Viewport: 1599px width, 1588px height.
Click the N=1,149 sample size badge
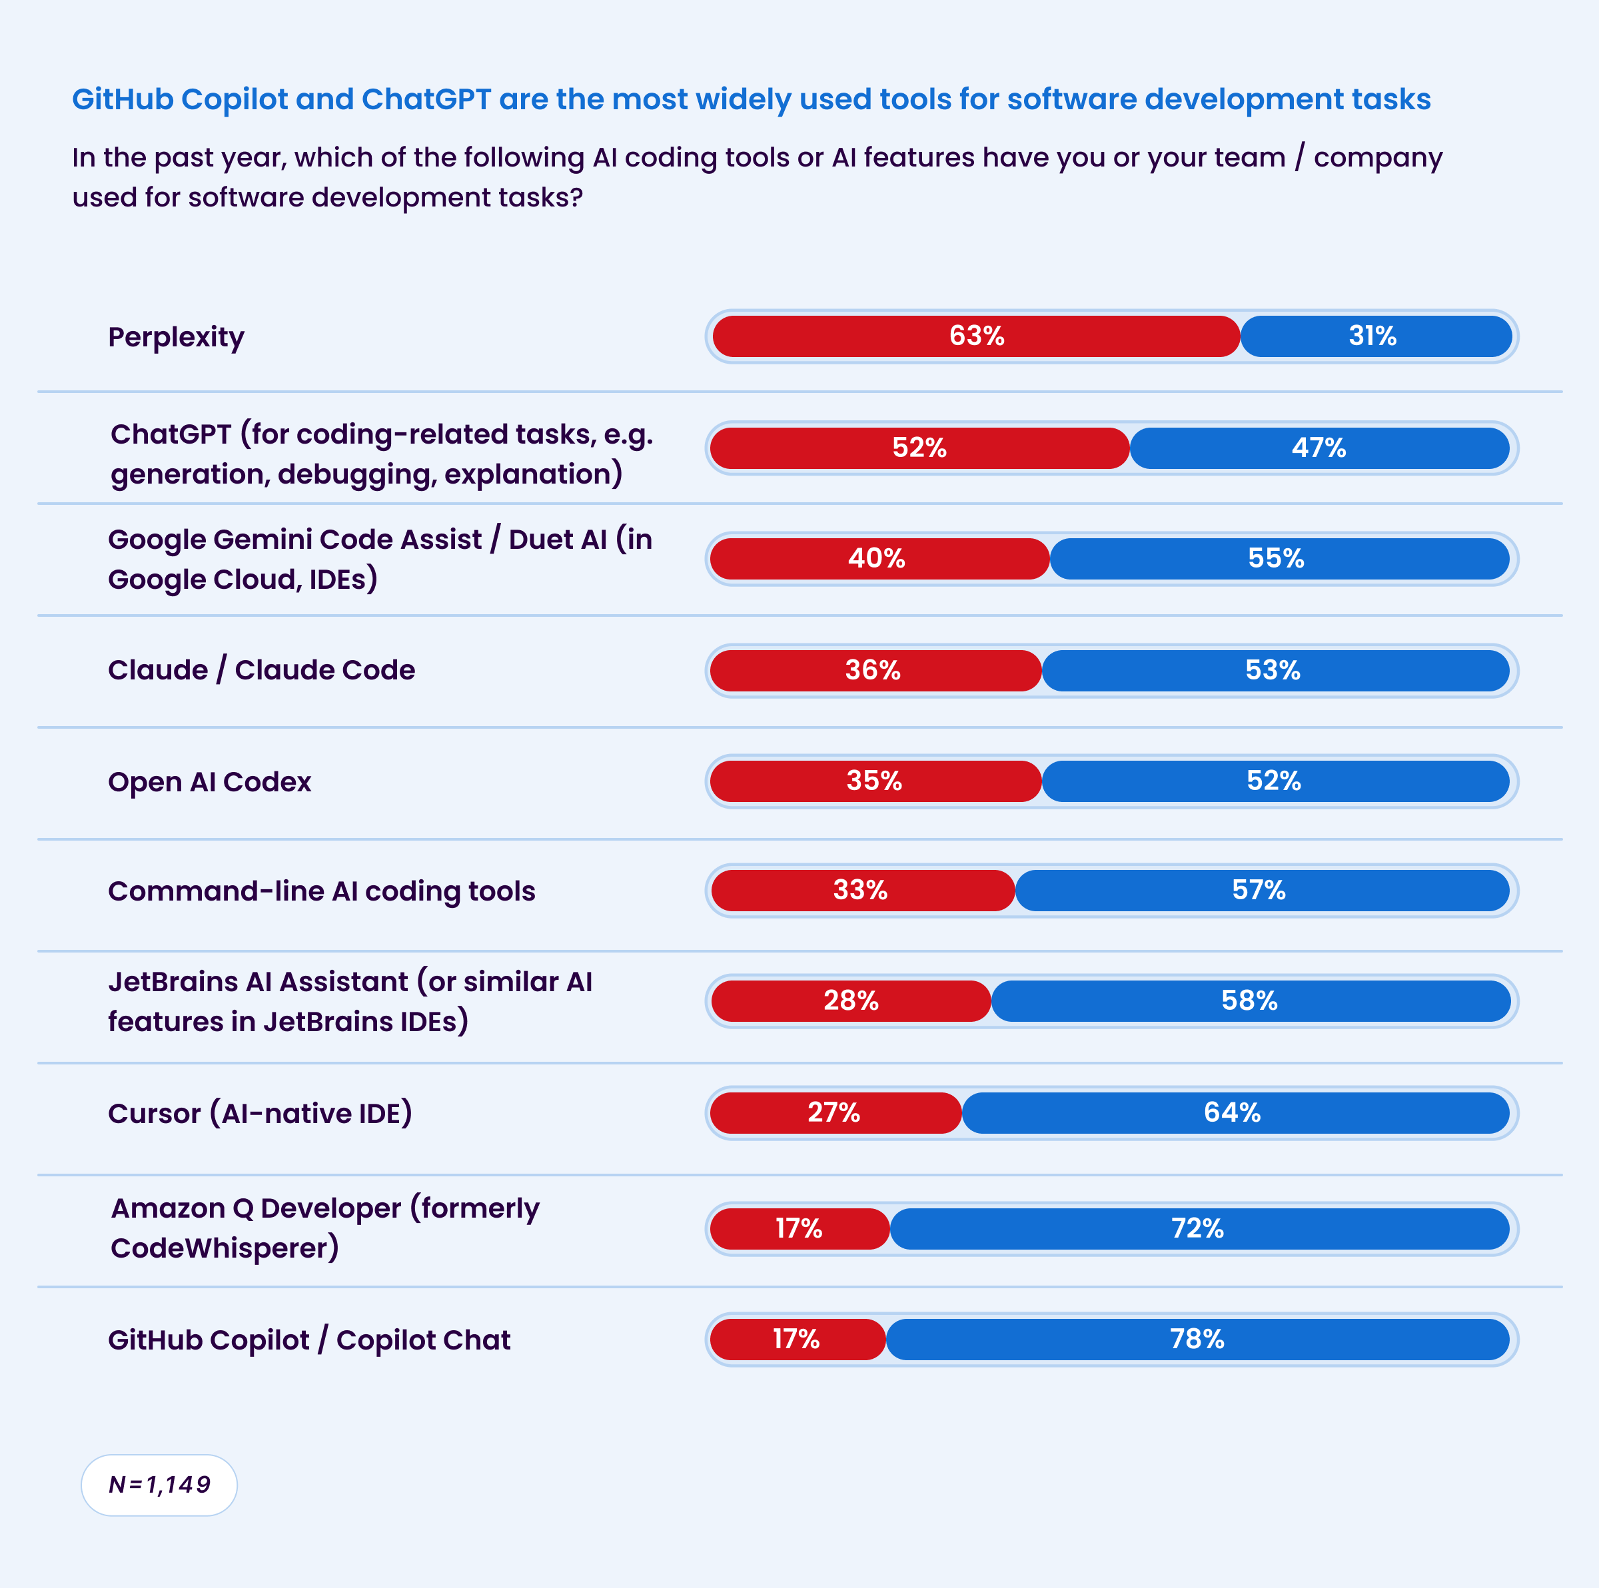[159, 1485]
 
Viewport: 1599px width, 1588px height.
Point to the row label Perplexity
[177, 337]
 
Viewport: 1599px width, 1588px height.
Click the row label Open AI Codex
[209, 782]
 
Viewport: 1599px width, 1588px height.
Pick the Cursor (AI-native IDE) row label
[260, 1114]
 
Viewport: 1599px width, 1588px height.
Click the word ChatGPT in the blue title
[426, 99]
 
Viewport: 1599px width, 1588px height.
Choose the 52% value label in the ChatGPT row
[919, 448]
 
